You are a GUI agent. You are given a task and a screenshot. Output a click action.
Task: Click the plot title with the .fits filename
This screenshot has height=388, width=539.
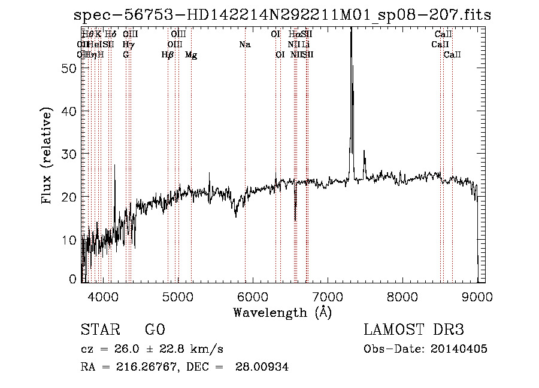[282, 16]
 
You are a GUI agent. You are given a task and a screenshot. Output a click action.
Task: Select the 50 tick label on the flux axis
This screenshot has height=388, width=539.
[69, 68]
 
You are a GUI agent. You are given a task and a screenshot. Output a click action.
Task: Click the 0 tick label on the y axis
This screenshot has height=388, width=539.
[74, 279]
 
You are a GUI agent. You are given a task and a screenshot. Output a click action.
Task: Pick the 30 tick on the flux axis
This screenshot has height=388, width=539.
[69, 154]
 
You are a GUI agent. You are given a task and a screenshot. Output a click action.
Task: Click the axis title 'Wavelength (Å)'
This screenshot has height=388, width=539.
[282, 312]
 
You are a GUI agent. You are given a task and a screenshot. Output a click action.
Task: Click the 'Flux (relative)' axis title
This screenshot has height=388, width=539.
[47, 155]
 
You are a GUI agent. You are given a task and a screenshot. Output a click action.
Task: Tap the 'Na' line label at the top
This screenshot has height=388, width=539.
[244, 44]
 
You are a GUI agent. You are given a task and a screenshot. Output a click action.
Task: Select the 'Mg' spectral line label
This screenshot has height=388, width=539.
[191, 55]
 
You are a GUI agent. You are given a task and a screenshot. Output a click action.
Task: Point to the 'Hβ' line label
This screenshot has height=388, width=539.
[168, 55]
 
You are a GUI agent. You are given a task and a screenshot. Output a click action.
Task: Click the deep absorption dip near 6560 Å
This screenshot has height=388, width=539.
[295, 219]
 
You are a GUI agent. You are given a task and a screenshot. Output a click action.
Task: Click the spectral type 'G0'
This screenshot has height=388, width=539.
[155, 330]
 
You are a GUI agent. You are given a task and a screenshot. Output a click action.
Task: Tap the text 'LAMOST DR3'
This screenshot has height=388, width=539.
[414, 330]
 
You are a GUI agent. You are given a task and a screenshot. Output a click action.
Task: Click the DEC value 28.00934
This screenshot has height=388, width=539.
[263, 367]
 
